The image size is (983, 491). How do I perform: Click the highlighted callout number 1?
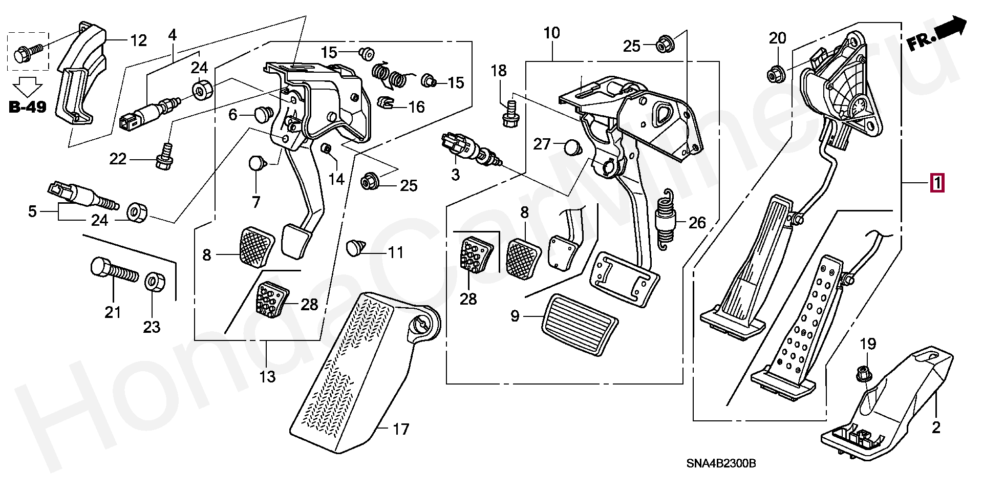[x=936, y=183]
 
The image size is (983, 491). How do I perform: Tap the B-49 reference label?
[x=28, y=107]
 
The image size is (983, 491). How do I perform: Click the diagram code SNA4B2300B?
[x=721, y=464]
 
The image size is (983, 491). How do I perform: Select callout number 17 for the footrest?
[x=401, y=429]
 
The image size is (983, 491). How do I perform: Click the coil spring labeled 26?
[x=666, y=221]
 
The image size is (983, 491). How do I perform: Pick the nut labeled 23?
[x=154, y=283]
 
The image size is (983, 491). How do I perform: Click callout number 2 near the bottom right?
[x=935, y=428]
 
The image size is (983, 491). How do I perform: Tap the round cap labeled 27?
[x=573, y=147]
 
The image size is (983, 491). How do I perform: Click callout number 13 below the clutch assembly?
[x=267, y=377]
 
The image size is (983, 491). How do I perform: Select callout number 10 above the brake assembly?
[x=551, y=33]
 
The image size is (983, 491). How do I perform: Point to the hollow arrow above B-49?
[x=28, y=86]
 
